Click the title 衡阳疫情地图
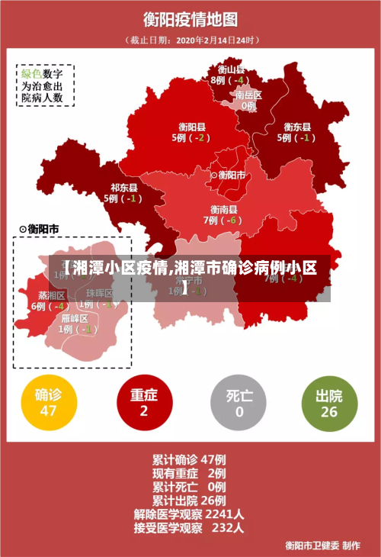[190, 18]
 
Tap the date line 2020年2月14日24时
[190, 40]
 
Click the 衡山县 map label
[229, 69]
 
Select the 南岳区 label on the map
[248, 95]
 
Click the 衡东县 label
[296, 127]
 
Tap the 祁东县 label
[123, 187]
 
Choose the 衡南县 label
[223, 209]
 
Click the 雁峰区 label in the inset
[75, 319]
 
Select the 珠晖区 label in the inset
[99, 293]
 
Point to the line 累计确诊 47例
[189, 460]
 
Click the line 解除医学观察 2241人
[189, 514]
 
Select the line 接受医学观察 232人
[189, 527]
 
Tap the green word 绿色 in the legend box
[30, 74]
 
